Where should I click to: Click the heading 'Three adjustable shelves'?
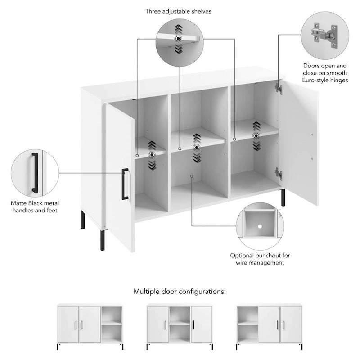click(x=178, y=11)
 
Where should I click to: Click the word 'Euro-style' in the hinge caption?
click(x=315, y=80)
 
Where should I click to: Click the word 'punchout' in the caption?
click(x=269, y=255)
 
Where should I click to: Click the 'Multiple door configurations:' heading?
click(x=180, y=291)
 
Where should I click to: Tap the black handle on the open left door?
click(x=125, y=184)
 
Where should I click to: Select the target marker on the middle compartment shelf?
click(x=196, y=147)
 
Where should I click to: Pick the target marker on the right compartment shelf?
click(x=256, y=135)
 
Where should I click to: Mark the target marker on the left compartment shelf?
click(x=152, y=154)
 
